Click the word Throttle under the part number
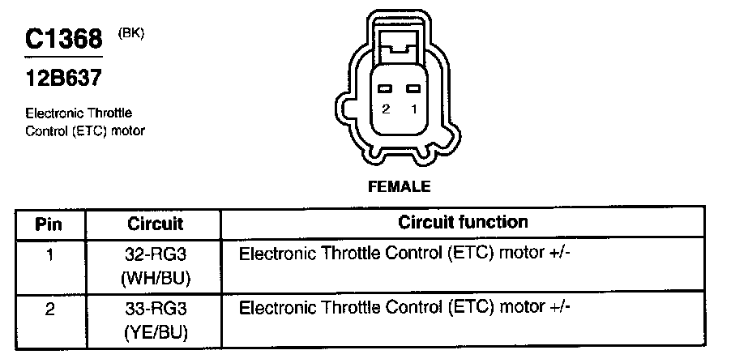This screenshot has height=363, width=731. [109, 113]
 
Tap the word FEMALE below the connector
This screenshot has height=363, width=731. [399, 186]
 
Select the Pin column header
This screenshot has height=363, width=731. [49, 223]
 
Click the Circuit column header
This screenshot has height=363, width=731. [156, 223]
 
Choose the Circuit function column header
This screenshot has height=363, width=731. [463, 222]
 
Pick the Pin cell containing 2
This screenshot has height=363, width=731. [49, 309]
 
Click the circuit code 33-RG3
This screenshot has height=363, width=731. [156, 310]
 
